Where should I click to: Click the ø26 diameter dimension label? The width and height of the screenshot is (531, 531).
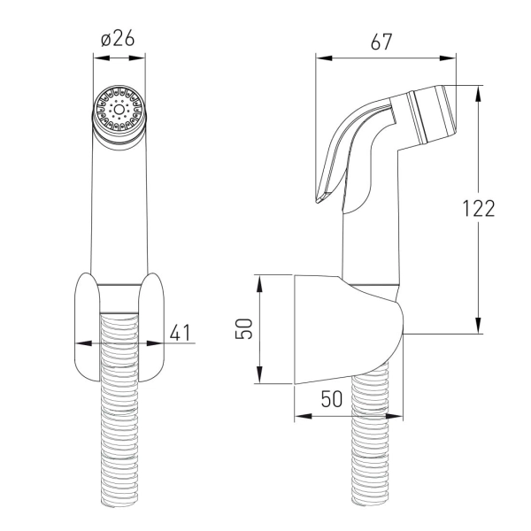[x=118, y=38]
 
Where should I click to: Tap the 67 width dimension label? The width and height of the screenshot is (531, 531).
[x=381, y=42]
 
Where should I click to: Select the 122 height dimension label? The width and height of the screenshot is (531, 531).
[x=479, y=208]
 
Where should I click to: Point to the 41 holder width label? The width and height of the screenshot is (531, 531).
[x=181, y=333]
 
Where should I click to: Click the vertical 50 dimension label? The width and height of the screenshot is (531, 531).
[x=244, y=328]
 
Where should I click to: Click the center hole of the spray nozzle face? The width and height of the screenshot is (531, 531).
[x=119, y=110]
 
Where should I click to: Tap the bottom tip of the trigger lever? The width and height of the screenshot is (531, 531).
[x=318, y=202]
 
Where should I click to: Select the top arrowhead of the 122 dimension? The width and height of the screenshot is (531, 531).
[x=478, y=94]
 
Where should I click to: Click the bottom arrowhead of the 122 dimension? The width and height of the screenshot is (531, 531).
[x=478, y=326]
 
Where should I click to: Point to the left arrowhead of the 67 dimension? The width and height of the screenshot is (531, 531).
[x=324, y=58]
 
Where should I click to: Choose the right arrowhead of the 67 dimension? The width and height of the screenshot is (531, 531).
[x=448, y=58]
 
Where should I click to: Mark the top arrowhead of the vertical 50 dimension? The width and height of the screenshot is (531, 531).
[x=259, y=283]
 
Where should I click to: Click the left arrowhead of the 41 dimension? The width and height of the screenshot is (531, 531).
[x=83, y=343]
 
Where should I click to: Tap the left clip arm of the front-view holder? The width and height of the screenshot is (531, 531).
[x=88, y=327]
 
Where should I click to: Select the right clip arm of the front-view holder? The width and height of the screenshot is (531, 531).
[x=151, y=327]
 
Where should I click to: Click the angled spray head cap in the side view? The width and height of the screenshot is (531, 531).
[x=433, y=114]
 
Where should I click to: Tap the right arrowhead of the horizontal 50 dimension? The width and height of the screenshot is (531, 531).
[x=395, y=416]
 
